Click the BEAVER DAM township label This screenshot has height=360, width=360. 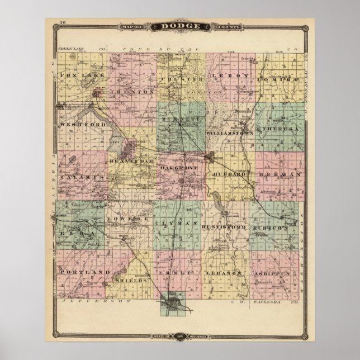pyautogui.click(x=130, y=161)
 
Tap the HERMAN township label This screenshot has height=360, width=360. pyautogui.click(x=281, y=174)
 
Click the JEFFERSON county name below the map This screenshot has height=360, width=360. pyautogui.click(x=98, y=301)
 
